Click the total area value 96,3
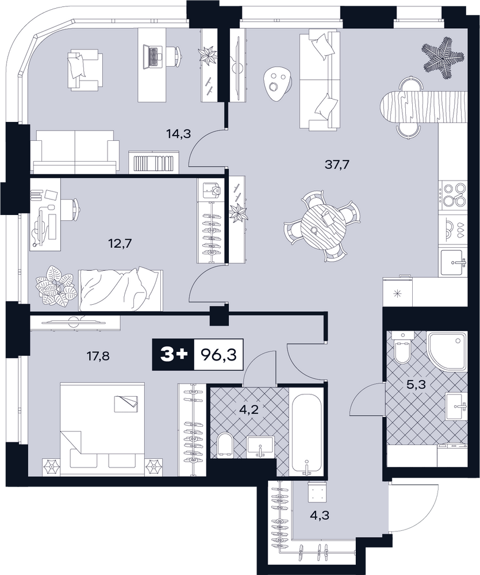tap(218, 355)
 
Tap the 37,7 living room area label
tap(337, 164)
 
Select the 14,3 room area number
tap(179, 134)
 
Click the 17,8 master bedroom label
tap(98, 356)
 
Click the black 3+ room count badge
tap(172, 355)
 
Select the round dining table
tap(323, 226)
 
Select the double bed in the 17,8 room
tap(102, 430)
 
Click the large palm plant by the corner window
tap(444, 57)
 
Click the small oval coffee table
tap(278, 82)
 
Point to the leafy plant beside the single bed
tap(56, 284)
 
